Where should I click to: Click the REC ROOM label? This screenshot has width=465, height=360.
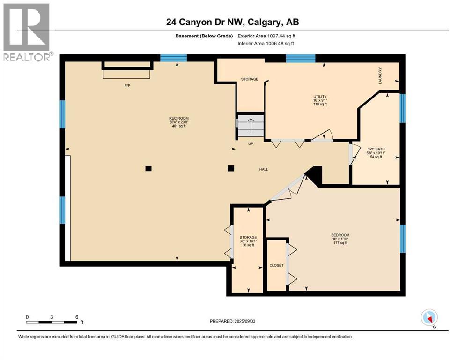click(x=179, y=118)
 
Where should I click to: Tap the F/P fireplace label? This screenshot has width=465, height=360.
click(x=126, y=86)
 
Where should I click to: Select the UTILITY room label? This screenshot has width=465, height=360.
click(x=320, y=97)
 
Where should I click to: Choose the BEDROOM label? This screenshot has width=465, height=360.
click(x=340, y=235)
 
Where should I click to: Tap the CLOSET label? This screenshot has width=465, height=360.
click(x=276, y=265)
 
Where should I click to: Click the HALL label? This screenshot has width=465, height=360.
click(x=264, y=169)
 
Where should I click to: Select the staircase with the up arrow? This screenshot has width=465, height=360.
click(x=251, y=126)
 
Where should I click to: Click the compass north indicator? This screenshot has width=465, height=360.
click(x=429, y=318)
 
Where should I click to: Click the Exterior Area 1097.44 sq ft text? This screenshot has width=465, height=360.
click(x=266, y=36)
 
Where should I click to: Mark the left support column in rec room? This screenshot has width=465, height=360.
click(x=148, y=168)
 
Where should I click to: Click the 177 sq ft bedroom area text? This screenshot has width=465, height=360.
click(x=340, y=243)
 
